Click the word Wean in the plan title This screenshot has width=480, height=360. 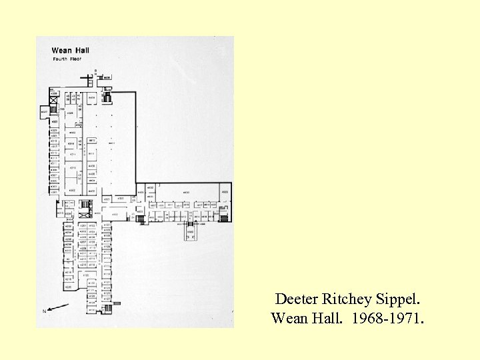[x=61, y=50]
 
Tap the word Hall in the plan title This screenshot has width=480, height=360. [x=81, y=50]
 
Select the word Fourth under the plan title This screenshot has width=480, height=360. [x=60, y=59]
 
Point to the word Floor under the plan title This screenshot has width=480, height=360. [x=73, y=59]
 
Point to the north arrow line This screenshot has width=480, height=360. [x=57, y=307]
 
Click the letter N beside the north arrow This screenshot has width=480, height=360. [x=45, y=311]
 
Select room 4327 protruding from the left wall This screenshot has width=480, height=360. [x=44, y=113]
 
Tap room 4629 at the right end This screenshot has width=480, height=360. [x=225, y=192]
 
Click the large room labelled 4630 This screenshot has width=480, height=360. [x=187, y=192]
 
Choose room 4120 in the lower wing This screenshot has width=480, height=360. [x=86, y=275]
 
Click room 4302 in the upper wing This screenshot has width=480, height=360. [x=72, y=191]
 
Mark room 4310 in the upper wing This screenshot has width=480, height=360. [x=73, y=167]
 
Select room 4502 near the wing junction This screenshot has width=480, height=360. [x=115, y=214]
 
